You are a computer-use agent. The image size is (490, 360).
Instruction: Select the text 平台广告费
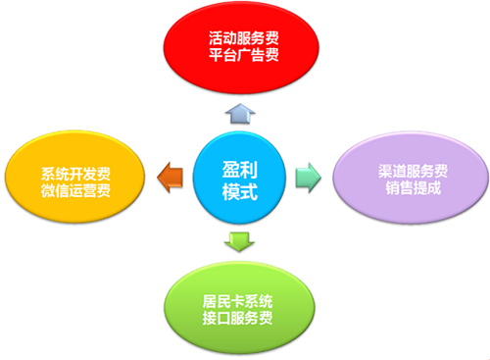click(244, 58)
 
